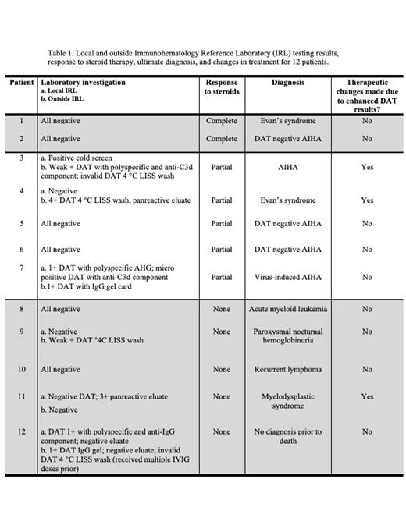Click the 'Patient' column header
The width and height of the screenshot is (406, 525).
pos(22,83)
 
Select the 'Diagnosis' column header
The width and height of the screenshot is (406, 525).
pos(288,83)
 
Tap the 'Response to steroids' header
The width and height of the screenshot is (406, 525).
pos(222,87)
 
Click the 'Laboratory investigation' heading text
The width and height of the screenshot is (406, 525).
pos(83,83)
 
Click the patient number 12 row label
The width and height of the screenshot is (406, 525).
pos(22,431)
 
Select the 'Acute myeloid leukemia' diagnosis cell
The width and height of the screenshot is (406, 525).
pos(288,309)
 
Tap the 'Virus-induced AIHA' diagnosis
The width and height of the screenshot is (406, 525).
pos(288,277)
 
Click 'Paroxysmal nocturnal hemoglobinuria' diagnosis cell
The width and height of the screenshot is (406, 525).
pos(288,336)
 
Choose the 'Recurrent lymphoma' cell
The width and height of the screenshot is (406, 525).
pos(288,369)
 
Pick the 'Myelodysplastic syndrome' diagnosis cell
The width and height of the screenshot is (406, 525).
pos(288,401)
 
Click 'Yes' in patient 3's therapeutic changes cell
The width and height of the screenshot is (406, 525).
pos(367,167)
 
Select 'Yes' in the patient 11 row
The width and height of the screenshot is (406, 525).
pos(367,396)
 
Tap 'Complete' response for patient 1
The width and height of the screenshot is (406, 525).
pos(222,121)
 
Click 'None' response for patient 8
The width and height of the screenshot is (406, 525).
pos(222,309)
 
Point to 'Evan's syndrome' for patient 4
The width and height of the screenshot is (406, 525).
pos(288,200)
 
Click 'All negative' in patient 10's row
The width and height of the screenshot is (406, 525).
pos(60,369)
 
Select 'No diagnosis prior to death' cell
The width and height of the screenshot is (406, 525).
pos(288,436)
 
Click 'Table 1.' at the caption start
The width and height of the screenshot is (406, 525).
pos(61,53)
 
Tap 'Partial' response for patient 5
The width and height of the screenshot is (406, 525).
pos(222,224)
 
